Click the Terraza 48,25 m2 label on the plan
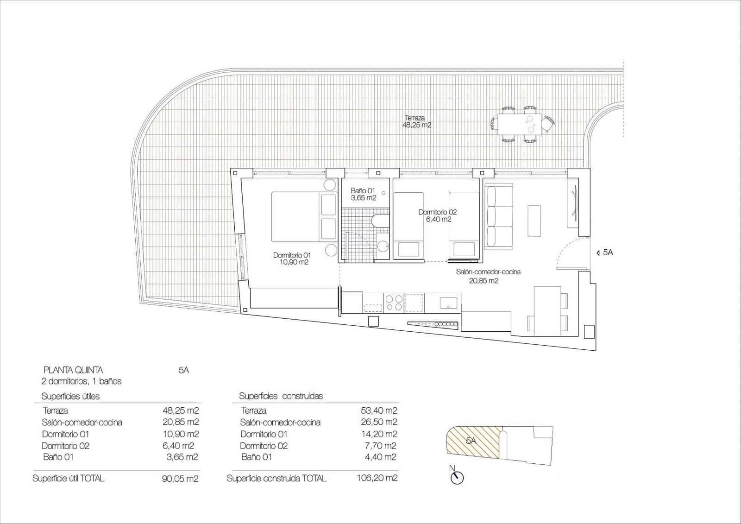coord(417,121)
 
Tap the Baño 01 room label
coord(363,194)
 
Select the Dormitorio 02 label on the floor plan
coord(438,215)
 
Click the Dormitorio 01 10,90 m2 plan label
coord(292,259)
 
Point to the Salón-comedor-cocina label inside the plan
coord(488,276)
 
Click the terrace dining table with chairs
coord(522,124)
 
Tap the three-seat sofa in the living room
coord(499,216)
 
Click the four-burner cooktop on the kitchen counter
coord(394,303)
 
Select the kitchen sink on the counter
coord(448,303)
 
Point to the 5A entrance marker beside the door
coord(606,253)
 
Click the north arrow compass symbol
coord(457,478)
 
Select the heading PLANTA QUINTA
coord(73,370)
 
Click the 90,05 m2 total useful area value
coord(180,479)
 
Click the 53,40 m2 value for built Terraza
coord(379,410)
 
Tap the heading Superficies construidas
coord(281,396)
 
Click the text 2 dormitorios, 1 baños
coord(82,381)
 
